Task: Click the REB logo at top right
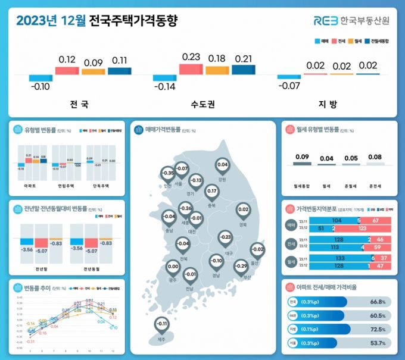click(351, 21)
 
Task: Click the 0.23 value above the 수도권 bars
click(191, 57)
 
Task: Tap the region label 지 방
click(328, 104)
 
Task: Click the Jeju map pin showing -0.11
click(162, 325)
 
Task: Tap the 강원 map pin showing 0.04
click(223, 165)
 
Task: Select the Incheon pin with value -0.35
click(169, 174)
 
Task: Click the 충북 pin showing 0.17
click(211, 192)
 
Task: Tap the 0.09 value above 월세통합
click(302, 157)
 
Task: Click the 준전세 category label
click(375, 177)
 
